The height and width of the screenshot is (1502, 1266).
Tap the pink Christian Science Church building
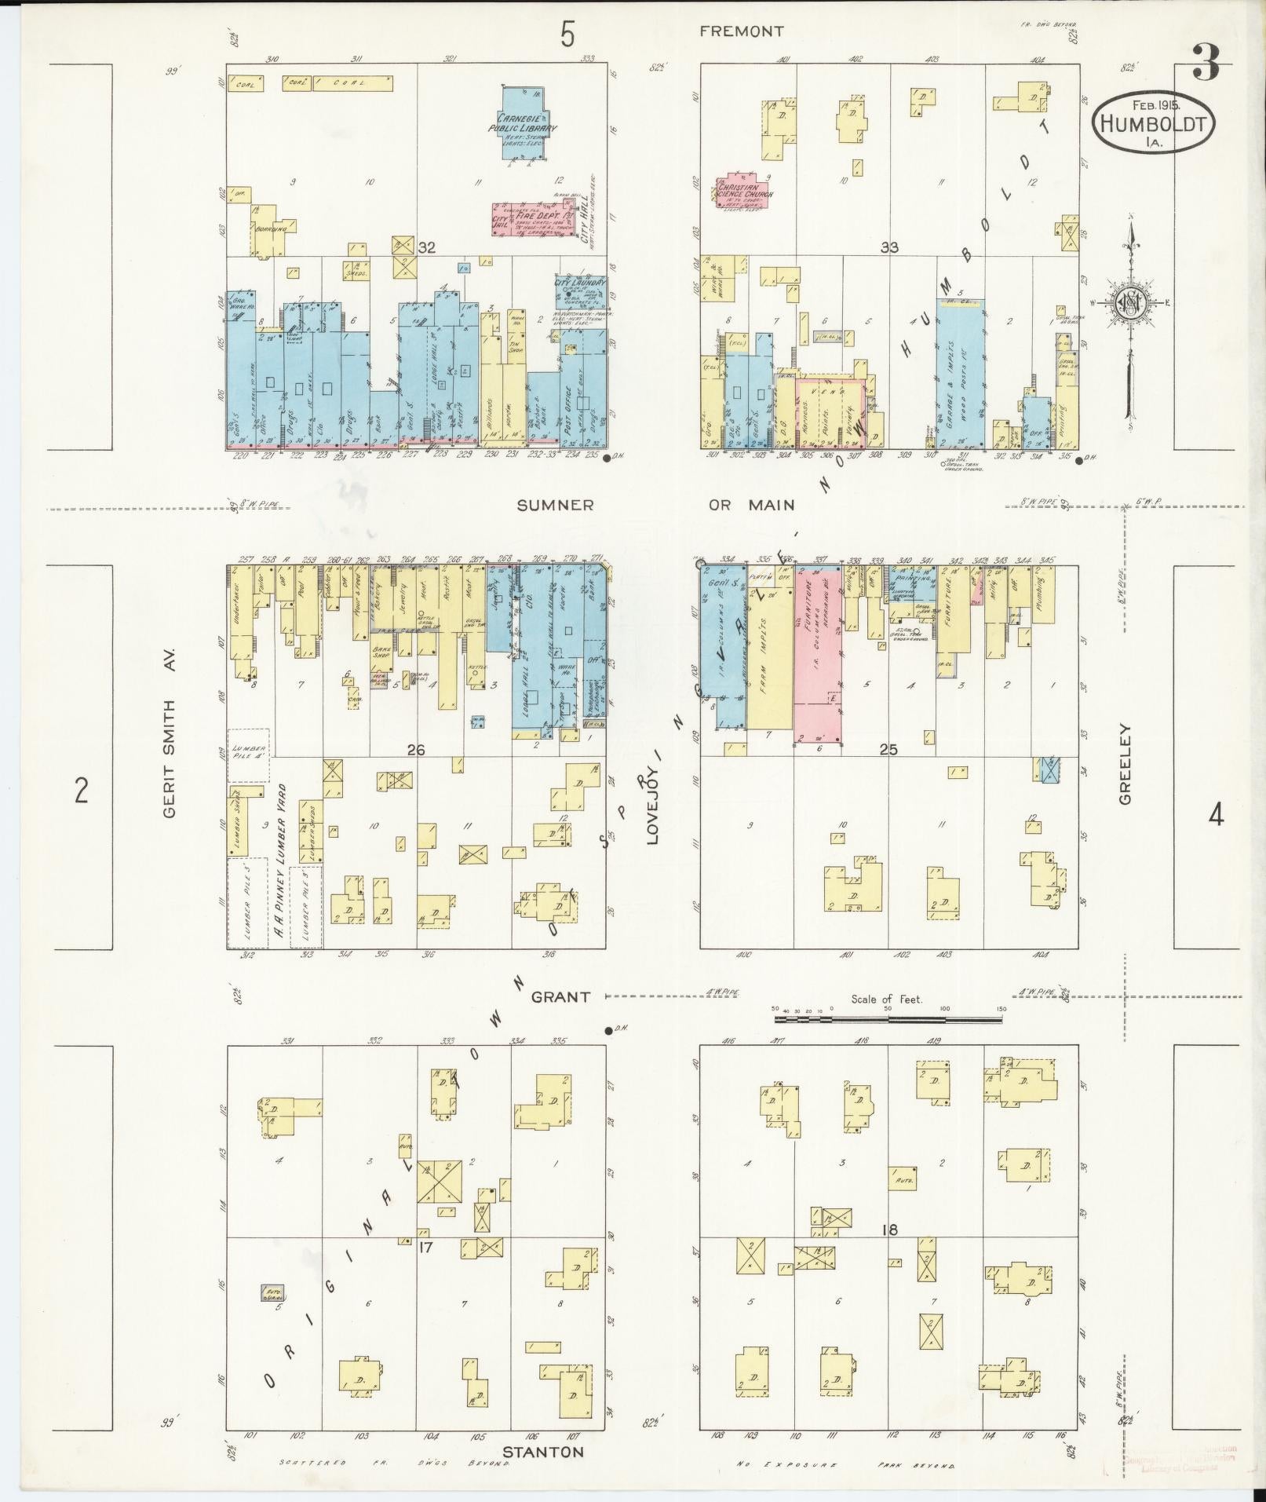point(742,191)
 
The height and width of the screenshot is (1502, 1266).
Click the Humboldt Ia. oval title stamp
point(1152,125)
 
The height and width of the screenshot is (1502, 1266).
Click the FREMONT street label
point(741,31)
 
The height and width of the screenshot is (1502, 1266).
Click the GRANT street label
point(560,997)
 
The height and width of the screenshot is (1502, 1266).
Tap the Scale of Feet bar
point(887,1019)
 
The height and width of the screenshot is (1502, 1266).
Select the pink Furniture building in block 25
point(817,656)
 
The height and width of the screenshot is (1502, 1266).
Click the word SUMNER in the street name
point(555,506)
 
